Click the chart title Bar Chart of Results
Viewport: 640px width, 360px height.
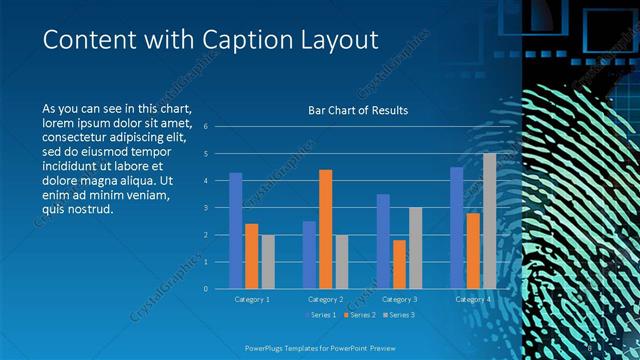[357, 110]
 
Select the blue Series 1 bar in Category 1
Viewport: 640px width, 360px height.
[235, 231]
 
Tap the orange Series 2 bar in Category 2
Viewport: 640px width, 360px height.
[325, 229]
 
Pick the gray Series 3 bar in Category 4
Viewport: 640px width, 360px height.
[489, 221]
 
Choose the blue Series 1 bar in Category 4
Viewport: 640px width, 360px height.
[456, 228]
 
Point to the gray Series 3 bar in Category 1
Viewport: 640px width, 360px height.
[267, 261]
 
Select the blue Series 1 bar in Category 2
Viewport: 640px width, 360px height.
[309, 255]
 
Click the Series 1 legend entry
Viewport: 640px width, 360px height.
[319, 315]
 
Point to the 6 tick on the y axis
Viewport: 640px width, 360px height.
[204, 127]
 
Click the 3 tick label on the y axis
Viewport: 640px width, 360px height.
[204, 208]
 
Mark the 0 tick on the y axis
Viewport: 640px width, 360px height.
[204, 289]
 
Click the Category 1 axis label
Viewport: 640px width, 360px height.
[251, 299]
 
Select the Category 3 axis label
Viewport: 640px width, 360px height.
[399, 299]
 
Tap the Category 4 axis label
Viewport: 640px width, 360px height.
[472, 299]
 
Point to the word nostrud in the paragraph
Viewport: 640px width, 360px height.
[94, 210]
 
